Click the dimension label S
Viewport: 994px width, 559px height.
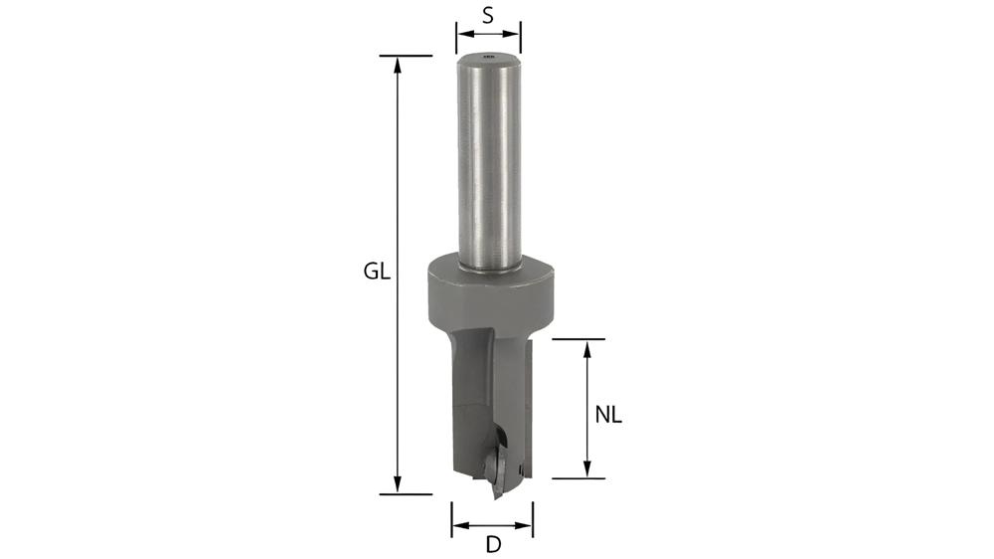(488, 15)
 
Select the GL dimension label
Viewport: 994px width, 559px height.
(375, 272)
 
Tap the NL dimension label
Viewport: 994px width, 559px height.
(608, 416)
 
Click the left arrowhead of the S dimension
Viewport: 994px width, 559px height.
(461, 40)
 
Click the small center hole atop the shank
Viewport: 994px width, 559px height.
(487, 58)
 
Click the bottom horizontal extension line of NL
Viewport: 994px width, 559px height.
(579, 478)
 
